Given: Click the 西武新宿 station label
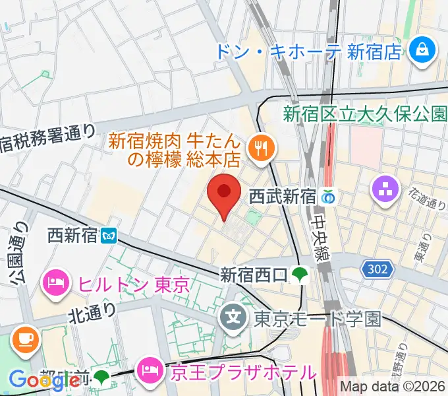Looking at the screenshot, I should pyautogui.click(x=281, y=196).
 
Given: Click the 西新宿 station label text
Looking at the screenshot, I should pyautogui.click(x=72, y=235).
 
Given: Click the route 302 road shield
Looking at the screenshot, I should pyautogui.click(x=378, y=269).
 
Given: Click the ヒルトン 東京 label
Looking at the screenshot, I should pyautogui.click(x=134, y=285).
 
